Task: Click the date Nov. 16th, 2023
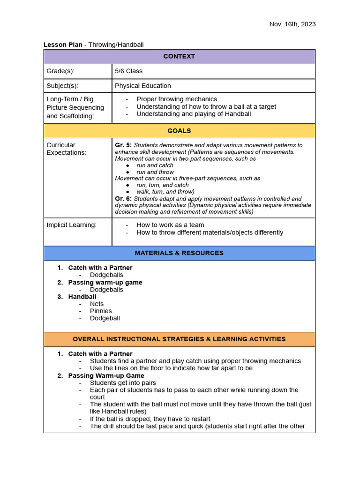pyautogui.click(x=292, y=24)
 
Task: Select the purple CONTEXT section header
pyautogui.click(x=179, y=56)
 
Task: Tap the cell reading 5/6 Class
pyautogui.click(x=128, y=71)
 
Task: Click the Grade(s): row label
pyautogui.click(x=60, y=71)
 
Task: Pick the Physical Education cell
pyautogui.click(x=143, y=86)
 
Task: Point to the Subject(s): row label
pyautogui.click(x=62, y=86)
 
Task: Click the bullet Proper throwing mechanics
pyautogui.click(x=176, y=99)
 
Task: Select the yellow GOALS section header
pyautogui.click(x=179, y=131)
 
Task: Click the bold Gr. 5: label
pyautogui.click(x=123, y=145)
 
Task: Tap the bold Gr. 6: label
pyautogui.click(x=123, y=199)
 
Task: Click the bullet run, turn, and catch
pyautogui.click(x=162, y=185)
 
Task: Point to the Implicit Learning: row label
pyautogui.click(x=71, y=225)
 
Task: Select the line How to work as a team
pyautogui.click(x=170, y=225)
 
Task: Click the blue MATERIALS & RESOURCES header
pyautogui.click(x=179, y=253)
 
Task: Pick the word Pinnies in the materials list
pyautogui.click(x=101, y=311)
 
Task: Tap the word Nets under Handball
pyautogui.click(x=97, y=304)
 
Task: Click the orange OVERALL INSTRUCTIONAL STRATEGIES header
pyautogui.click(x=179, y=339)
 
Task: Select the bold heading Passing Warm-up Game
pyautogui.click(x=106, y=375)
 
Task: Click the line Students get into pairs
pyautogui.click(x=123, y=383)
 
